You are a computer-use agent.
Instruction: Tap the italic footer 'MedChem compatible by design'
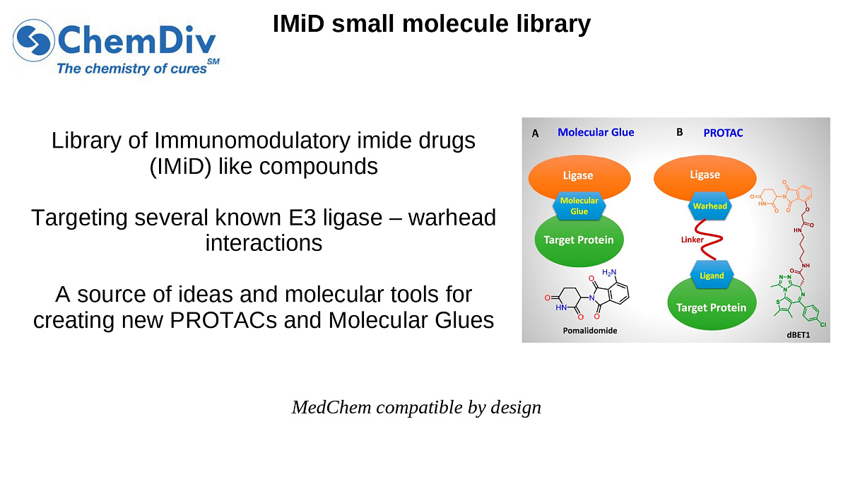click(x=416, y=408)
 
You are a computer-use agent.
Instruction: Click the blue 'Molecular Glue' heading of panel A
click(x=596, y=132)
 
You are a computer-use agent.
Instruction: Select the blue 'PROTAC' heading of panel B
click(x=723, y=133)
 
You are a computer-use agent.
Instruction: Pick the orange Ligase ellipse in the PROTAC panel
click(x=705, y=174)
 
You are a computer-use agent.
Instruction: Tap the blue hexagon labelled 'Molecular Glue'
click(x=579, y=206)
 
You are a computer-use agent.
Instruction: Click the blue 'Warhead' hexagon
click(x=709, y=207)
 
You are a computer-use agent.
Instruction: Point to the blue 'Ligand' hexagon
click(x=712, y=275)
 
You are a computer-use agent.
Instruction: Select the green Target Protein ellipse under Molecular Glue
click(x=578, y=241)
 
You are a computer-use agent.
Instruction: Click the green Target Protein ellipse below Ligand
click(x=712, y=307)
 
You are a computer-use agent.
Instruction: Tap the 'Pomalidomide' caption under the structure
click(x=589, y=330)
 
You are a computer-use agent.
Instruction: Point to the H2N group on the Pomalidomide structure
click(x=609, y=272)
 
